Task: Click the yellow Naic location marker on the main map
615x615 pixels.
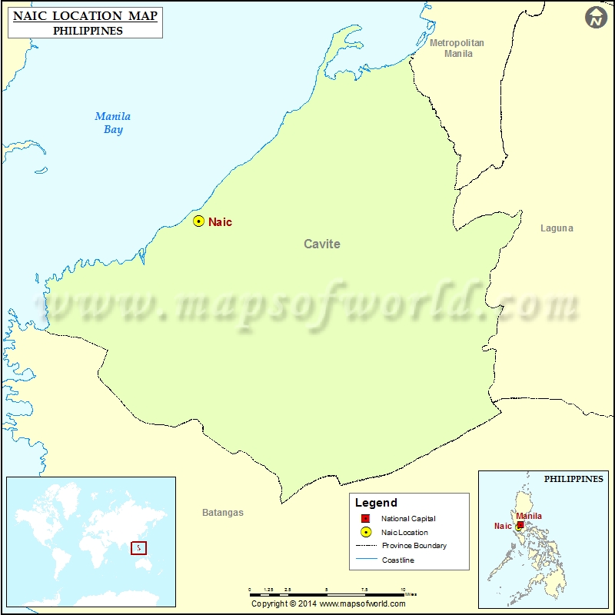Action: [x=198, y=221]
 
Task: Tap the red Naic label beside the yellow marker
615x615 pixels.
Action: [x=220, y=222]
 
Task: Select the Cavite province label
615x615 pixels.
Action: [x=321, y=244]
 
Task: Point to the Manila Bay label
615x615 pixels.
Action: [x=113, y=123]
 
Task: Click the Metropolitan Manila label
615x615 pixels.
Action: [x=457, y=48]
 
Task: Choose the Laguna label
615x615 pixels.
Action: [x=557, y=228]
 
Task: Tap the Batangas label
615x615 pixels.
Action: [x=222, y=512]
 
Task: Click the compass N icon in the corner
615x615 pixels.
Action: [x=596, y=18]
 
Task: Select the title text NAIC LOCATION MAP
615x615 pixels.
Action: [x=85, y=16]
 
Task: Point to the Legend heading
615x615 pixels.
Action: [x=376, y=503]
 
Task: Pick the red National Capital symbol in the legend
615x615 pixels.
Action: [x=366, y=519]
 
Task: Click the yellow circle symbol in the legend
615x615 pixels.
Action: [x=366, y=532]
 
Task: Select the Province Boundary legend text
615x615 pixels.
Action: [x=414, y=546]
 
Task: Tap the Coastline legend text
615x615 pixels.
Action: [x=397, y=560]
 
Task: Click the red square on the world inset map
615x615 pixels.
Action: [x=138, y=547]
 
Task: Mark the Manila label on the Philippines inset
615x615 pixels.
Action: [x=529, y=516]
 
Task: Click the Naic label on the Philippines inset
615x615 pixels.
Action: [x=503, y=526]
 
